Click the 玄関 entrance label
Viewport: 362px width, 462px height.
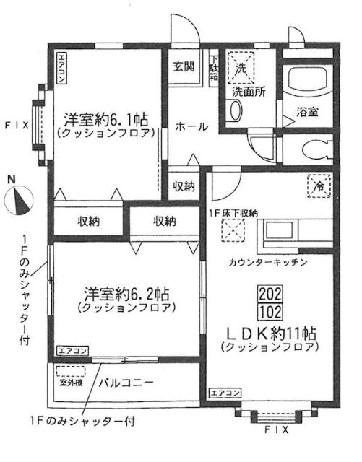pos(183,66)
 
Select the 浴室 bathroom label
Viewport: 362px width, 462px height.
pos(308,112)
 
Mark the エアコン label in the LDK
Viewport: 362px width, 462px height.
pos(225,393)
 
